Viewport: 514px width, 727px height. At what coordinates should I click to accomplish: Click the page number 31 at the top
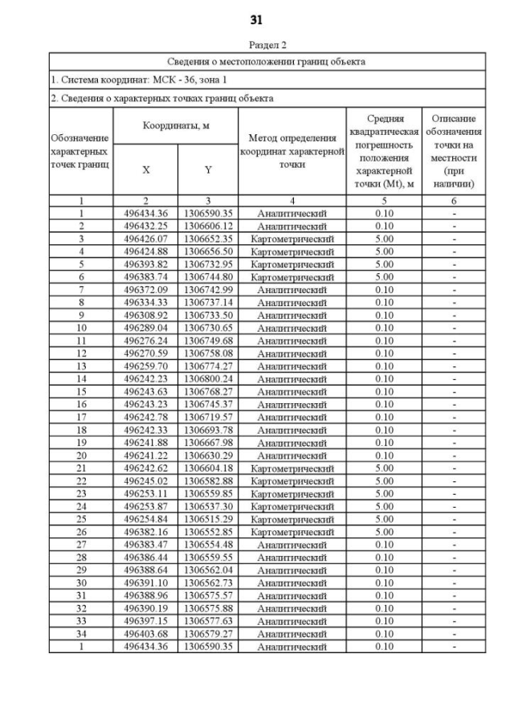[256, 20]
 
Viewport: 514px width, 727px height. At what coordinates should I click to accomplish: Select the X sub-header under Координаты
[145, 169]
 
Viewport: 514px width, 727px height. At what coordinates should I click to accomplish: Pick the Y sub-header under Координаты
[207, 169]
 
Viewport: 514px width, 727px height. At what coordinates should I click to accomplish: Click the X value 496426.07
[145, 239]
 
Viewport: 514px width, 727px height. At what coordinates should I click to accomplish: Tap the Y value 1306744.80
[207, 277]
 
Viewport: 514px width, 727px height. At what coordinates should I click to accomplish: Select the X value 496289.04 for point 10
[145, 328]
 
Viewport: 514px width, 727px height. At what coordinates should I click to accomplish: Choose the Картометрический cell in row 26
[292, 532]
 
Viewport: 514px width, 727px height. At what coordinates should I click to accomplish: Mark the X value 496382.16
[145, 532]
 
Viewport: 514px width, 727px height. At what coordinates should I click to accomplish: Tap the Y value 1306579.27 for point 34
[207, 633]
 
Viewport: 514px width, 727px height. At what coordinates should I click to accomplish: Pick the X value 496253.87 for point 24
[145, 506]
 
